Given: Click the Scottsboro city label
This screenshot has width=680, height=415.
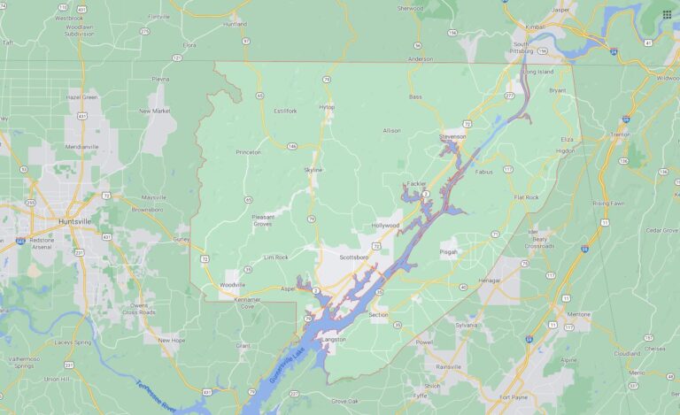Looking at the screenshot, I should [353, 257].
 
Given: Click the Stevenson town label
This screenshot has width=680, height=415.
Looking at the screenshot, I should [452, 137].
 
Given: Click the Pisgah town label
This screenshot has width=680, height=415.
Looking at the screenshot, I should [450, 251].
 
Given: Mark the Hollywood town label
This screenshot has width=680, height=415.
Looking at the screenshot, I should [385, 226].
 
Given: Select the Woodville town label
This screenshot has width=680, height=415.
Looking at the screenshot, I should [232, 285].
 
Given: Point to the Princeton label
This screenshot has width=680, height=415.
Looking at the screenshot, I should [248, 151].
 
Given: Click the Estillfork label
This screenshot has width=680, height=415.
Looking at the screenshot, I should [285, 111].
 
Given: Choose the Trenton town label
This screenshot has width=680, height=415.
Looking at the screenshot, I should [644, 134].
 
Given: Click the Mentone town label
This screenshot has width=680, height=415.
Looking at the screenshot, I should [578, 314].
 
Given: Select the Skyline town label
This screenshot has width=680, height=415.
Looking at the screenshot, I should [313, 169].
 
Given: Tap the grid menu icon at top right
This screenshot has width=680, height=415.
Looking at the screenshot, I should [667, 14].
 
